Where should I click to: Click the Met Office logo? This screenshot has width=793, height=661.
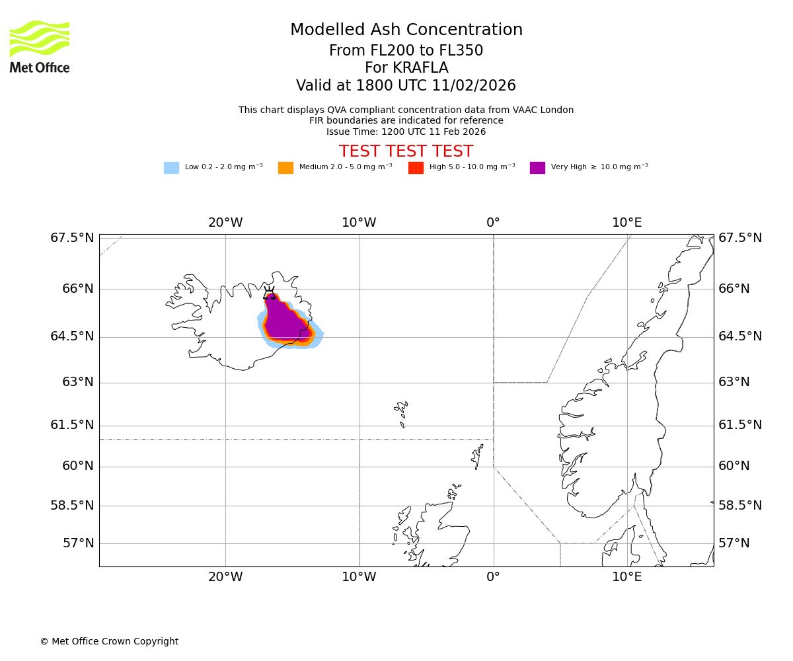40,46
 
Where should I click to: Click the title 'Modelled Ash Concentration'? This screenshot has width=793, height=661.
406,30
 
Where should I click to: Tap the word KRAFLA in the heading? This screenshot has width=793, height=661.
406,68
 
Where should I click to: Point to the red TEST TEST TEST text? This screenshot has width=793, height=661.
406,151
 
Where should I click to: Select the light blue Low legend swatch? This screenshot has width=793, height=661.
171,168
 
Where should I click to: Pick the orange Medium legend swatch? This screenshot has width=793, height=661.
285,168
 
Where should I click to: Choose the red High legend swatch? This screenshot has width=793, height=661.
416,168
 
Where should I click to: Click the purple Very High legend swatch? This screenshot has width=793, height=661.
537,168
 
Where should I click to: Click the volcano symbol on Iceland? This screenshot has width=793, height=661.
269,293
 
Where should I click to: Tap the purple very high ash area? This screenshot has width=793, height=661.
284,324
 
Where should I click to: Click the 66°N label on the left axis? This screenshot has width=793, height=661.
78,289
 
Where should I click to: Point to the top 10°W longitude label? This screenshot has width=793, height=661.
359,223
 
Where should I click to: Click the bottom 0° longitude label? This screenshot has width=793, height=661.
493,577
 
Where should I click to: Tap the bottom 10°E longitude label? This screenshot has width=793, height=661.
626,577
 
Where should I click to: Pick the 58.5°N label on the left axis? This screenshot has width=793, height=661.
72,505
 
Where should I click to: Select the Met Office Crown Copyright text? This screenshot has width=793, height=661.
109,641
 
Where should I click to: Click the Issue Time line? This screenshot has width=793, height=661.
406,132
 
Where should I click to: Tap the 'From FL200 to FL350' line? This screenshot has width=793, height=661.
406,51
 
